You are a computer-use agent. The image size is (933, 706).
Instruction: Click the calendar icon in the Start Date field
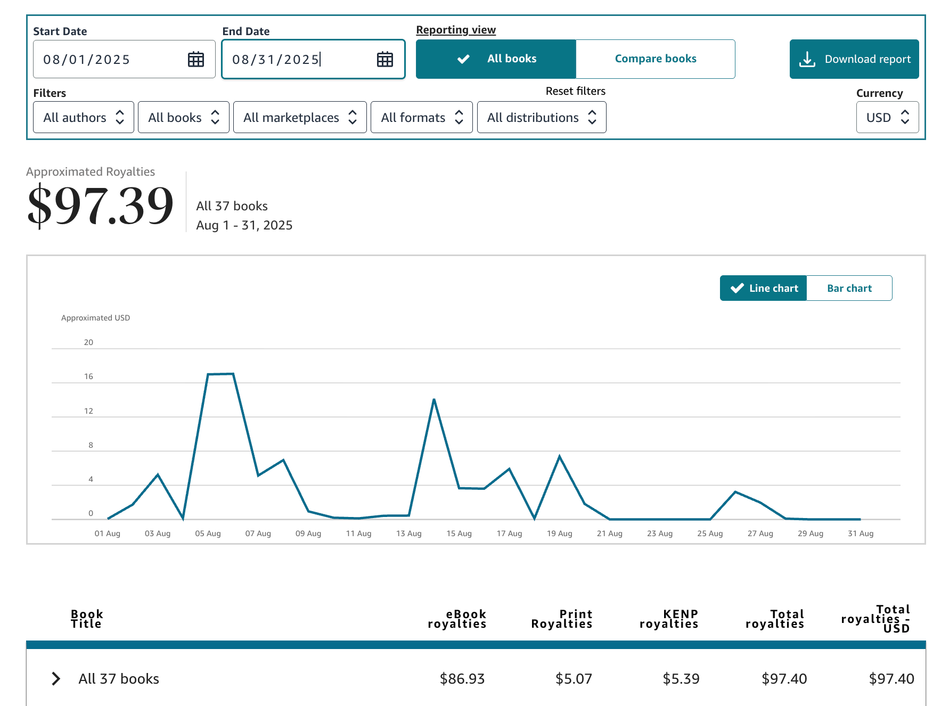tap(196, 59)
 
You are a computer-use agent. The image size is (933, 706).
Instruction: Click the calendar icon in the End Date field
tap(384, 59)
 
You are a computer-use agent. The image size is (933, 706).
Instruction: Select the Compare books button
tap(655, 59)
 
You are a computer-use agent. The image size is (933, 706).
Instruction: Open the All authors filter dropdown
tap(84, 117)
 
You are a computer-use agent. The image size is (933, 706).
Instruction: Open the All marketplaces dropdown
tap(300, 117)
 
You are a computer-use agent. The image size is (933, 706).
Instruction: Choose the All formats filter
tap(421, 117)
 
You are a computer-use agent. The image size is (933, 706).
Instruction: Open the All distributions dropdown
tap(541, 117)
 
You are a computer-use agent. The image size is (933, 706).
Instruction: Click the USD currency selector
tap(887, 117)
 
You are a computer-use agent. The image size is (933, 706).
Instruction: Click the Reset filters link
tap(575, 91)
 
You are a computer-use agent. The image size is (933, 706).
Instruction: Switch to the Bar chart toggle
tap(849, 288)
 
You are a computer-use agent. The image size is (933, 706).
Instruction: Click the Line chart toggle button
tap(763, 288)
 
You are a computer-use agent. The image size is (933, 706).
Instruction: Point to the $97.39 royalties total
tap(100, 205)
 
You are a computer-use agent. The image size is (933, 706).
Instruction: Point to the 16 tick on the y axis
tap(88, 376)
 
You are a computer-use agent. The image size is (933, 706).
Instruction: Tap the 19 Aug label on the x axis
tap(559, 533)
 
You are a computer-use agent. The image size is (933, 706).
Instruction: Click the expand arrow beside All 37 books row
tap(56, 678)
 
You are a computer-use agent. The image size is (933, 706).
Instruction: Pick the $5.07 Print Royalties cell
tap(573, 678)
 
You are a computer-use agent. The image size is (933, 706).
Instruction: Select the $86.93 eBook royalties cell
tap(462, 678)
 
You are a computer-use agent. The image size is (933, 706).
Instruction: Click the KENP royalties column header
tap(668, 619)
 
